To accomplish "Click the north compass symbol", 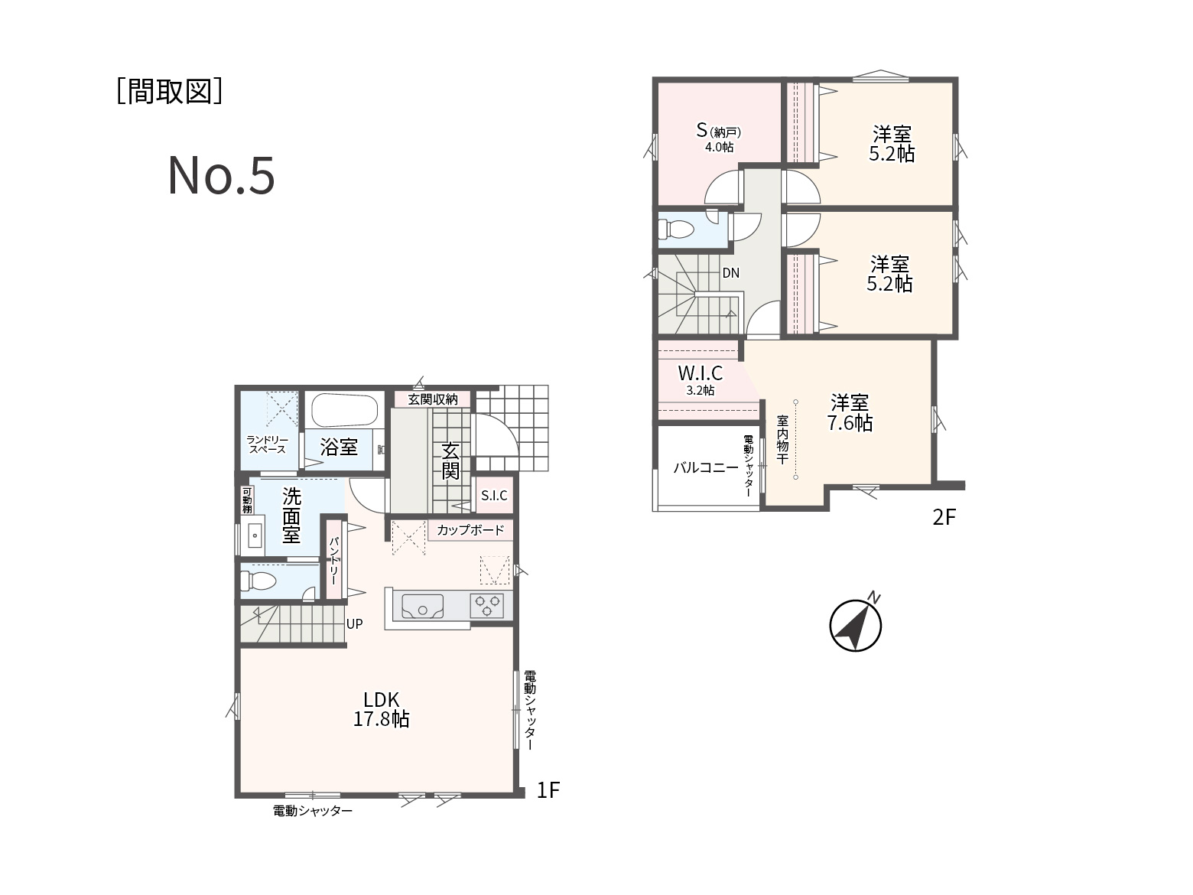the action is coord(856,624).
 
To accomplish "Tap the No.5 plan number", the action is coord(221,175).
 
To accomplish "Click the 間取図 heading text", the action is coord(170,91).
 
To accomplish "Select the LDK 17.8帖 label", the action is coord(381,709).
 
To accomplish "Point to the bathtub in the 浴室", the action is coord(345,411).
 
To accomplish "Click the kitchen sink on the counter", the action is coord(422,606).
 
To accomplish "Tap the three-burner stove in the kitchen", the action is coord(486,606).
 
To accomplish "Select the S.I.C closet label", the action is coord(494,495).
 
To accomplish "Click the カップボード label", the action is coord(470,530).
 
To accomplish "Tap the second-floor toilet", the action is coord(675,229).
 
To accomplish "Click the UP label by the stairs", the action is coord(354,624).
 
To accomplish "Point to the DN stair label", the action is coord(730,273).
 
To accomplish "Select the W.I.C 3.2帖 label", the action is coord(700,379).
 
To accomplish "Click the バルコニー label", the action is coord(706,467).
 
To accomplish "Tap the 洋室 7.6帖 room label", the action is coord(850,412).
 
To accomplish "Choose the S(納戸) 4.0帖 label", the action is coord(719,137).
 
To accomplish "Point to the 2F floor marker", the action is coord(944,517).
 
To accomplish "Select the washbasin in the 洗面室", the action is coord(255,535).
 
